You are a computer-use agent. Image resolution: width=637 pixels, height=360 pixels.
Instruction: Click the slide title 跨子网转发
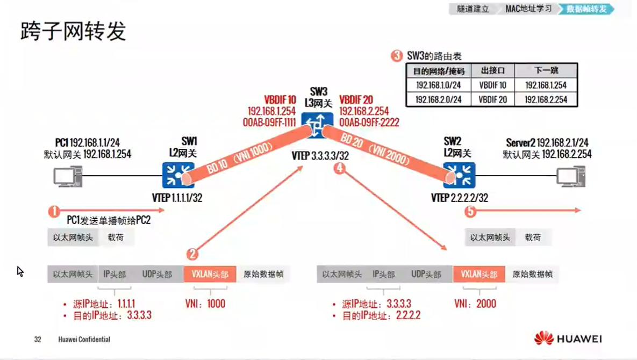click(73, 32)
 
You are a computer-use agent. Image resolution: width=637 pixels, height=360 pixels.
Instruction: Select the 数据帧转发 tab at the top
click(586, 9)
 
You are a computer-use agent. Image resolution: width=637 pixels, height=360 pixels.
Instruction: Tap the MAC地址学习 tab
click(528, 9)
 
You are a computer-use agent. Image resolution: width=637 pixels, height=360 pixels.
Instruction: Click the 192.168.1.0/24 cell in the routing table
click(438, 85)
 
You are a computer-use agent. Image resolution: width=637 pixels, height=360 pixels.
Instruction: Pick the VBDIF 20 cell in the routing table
click(492, 99)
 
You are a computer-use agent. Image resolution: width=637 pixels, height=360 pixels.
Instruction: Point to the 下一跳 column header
click(546, 71)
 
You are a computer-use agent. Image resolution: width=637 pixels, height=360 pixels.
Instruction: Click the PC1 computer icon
click(68, 177)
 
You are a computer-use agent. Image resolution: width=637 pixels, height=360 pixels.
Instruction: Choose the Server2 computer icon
click(570, 177)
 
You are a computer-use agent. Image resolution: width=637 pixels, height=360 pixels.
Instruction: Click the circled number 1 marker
click(54, 211)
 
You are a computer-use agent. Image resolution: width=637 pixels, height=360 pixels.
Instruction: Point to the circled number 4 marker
click(339, 168)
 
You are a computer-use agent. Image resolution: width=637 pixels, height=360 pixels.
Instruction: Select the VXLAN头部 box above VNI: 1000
click(210, 274)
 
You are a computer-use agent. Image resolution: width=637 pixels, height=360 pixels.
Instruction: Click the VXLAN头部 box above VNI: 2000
click(478, 274)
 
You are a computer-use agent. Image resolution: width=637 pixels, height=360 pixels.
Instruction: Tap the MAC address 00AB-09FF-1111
click(269, 123)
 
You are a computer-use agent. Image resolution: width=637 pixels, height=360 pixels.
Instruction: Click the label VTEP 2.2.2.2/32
click(460, 198)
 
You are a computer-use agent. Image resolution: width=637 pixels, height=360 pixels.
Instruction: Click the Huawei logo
click(568, 339)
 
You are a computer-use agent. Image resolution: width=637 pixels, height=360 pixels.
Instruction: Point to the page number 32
click(38, 340)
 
